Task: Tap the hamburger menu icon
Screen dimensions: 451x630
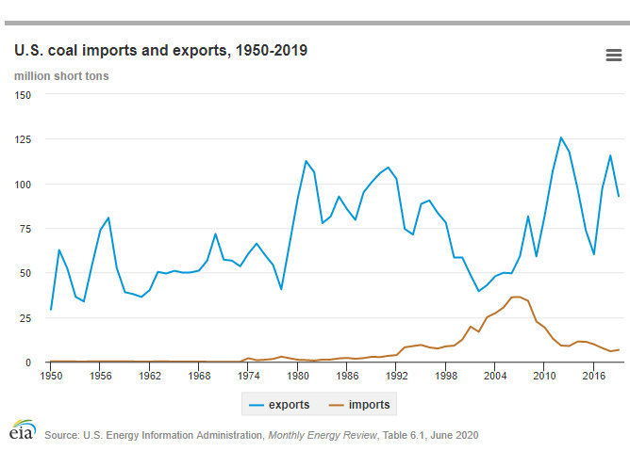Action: (x=613, y=56)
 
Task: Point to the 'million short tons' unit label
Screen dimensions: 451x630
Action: (x=61, y=75)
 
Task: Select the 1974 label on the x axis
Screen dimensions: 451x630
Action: (x=248, y=375)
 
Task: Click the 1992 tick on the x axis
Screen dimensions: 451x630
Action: (x=396, y=375)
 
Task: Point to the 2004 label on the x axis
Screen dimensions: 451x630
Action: (x=495, y=375)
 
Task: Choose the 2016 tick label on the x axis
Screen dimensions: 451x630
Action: (x=594, y=375)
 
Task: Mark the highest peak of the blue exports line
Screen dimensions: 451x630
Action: (x=561, y=137)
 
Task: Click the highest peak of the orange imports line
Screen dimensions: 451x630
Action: (x=516, y=297)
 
